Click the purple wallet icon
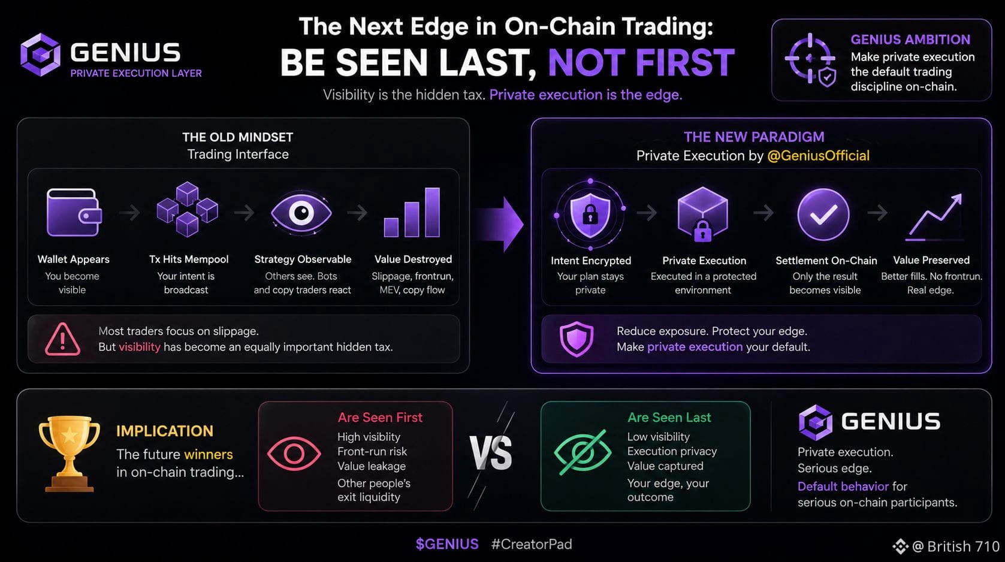(74, 212)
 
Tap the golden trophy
(69, 453)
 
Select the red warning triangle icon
(62, 340)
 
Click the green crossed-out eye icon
(583, 452)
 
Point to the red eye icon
(294, 454)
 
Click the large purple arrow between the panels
(499, 224)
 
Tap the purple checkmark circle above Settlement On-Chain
(823, 214)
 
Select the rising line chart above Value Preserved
(934, 216)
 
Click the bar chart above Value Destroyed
(412, 212)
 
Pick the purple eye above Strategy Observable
(301, 213)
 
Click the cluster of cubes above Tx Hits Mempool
(187, 209)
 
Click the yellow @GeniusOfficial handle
(819, 156)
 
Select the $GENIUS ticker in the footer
(447, 544)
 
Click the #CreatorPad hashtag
(532, 544)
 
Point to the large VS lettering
(490, 453)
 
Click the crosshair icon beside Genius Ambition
(810, 59)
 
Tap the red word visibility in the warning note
(139, 347)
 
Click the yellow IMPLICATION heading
(165, 431)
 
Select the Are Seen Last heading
(669, 418)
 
